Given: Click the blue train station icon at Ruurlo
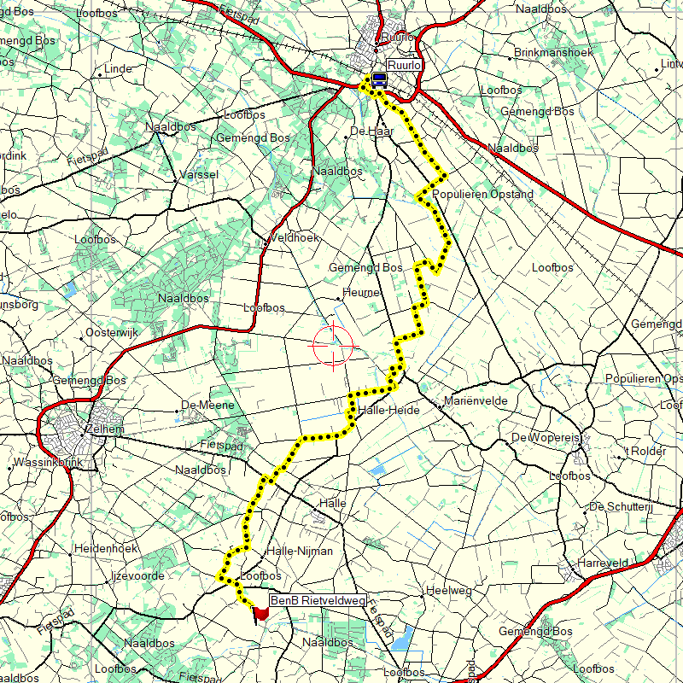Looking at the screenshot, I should pyautogui.click(x=378, y=79).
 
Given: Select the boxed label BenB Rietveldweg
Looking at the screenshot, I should pyautogui.click(x=318, y=601).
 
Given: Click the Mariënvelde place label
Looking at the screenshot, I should pyautogui.click(x=476, y=401).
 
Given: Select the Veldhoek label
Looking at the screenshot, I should pyautogui.click(x=295, y=237).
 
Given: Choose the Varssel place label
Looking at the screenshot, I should pyautogui.click(x=199, y=174).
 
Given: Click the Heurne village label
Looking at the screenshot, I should pyautogui.click(x=360, y=293).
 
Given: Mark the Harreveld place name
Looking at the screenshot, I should pyautogui.click(x=603, y=563).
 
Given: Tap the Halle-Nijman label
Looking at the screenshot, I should pyautogui.click(x=300, y=552).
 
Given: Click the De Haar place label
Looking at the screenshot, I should pyautogui.click(x=371, y=131).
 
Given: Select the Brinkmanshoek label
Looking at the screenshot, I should pyautogui.click(x=554, y=53).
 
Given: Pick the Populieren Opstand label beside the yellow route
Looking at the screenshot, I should pyautogui.click(x=483, y=195).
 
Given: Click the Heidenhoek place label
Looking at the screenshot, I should pyautogui.click(x=106, y=548).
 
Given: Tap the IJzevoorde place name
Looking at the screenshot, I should pyautogui.click(x=137, y=576).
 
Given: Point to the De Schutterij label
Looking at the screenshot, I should pyautogui.click(x=622, y=507).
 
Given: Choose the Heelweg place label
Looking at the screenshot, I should pyautogui.click(x=448, y=591).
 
